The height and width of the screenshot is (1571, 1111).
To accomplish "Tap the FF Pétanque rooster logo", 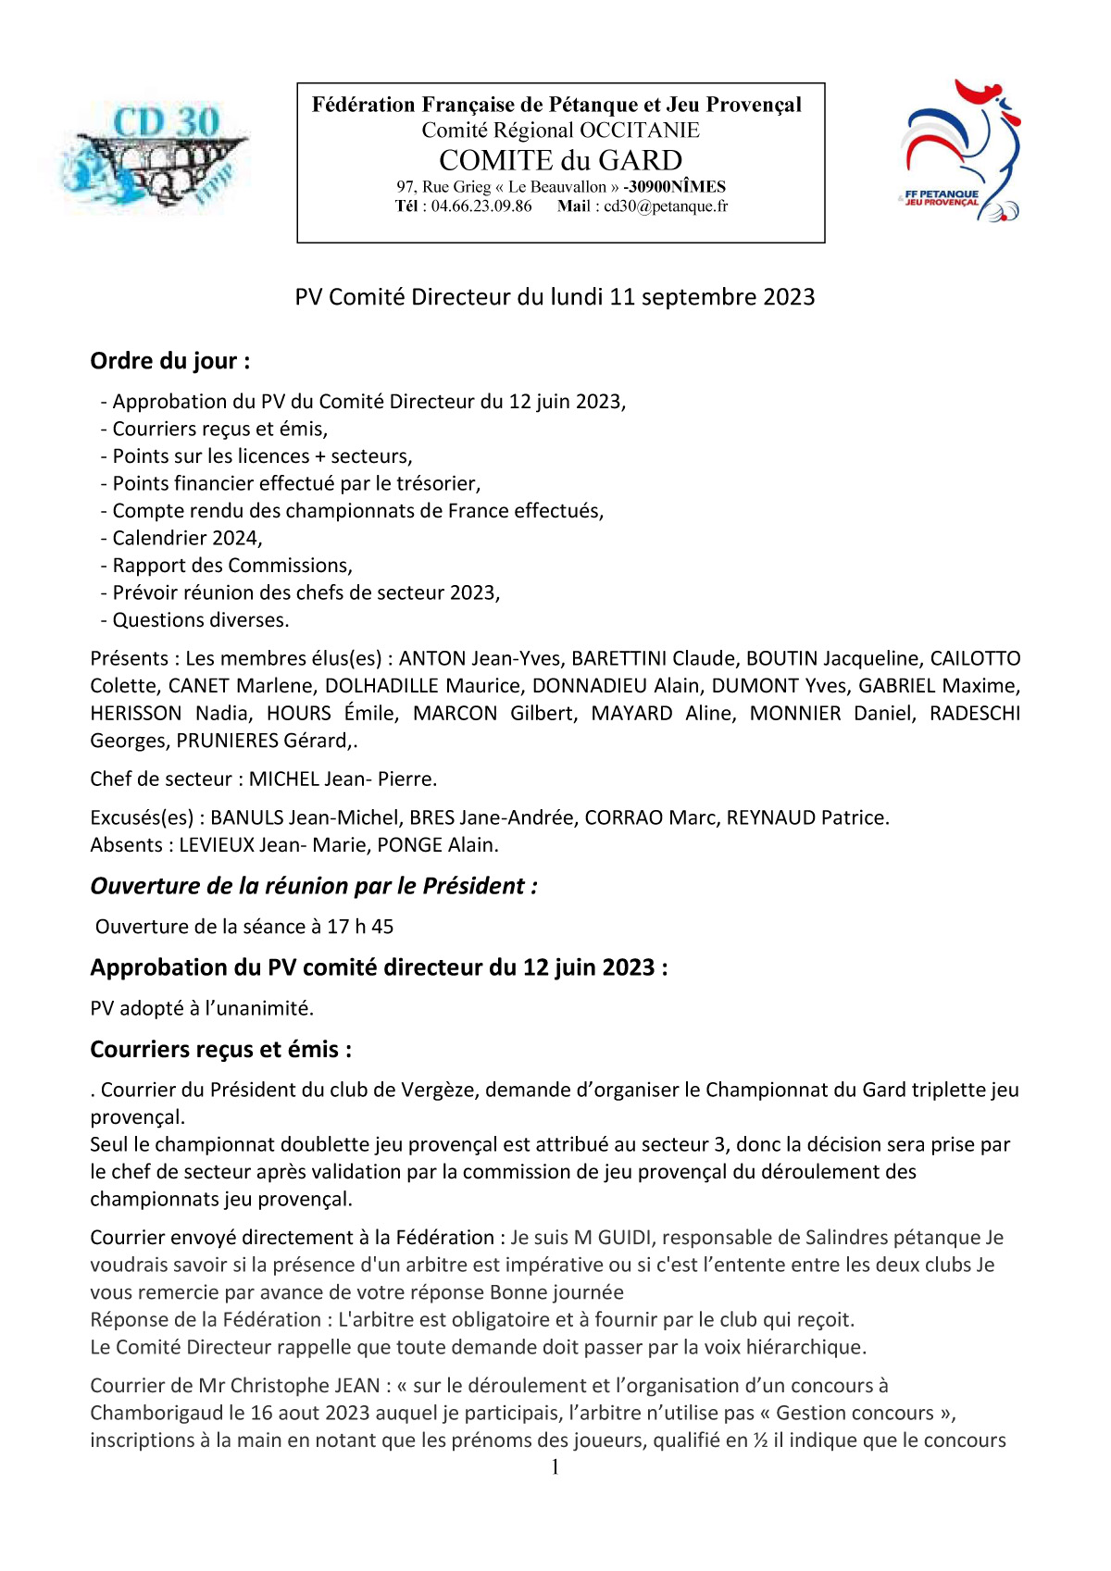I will click(959, 151).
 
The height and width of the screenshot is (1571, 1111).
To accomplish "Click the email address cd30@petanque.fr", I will click(666, 206).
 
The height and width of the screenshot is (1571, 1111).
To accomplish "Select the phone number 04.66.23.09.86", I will click(481, 206).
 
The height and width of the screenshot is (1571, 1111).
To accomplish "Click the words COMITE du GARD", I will click(560, 160).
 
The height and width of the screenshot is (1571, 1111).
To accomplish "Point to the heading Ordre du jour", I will click(169, 361).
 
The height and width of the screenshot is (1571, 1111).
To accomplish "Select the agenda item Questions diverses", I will click(200, 620).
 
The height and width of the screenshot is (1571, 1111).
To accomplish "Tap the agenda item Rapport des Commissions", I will click(231, 566).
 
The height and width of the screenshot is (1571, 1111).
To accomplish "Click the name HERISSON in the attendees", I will click(136, 714).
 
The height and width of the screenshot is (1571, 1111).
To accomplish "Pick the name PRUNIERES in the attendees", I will click(227, 741).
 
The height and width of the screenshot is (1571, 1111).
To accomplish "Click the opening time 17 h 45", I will click(360, 927).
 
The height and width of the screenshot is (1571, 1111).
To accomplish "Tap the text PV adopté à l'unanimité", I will click(202, 1008).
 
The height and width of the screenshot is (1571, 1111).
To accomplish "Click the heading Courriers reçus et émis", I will click(220, 1050).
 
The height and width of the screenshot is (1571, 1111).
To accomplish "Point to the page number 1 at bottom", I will click(555, 1467).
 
